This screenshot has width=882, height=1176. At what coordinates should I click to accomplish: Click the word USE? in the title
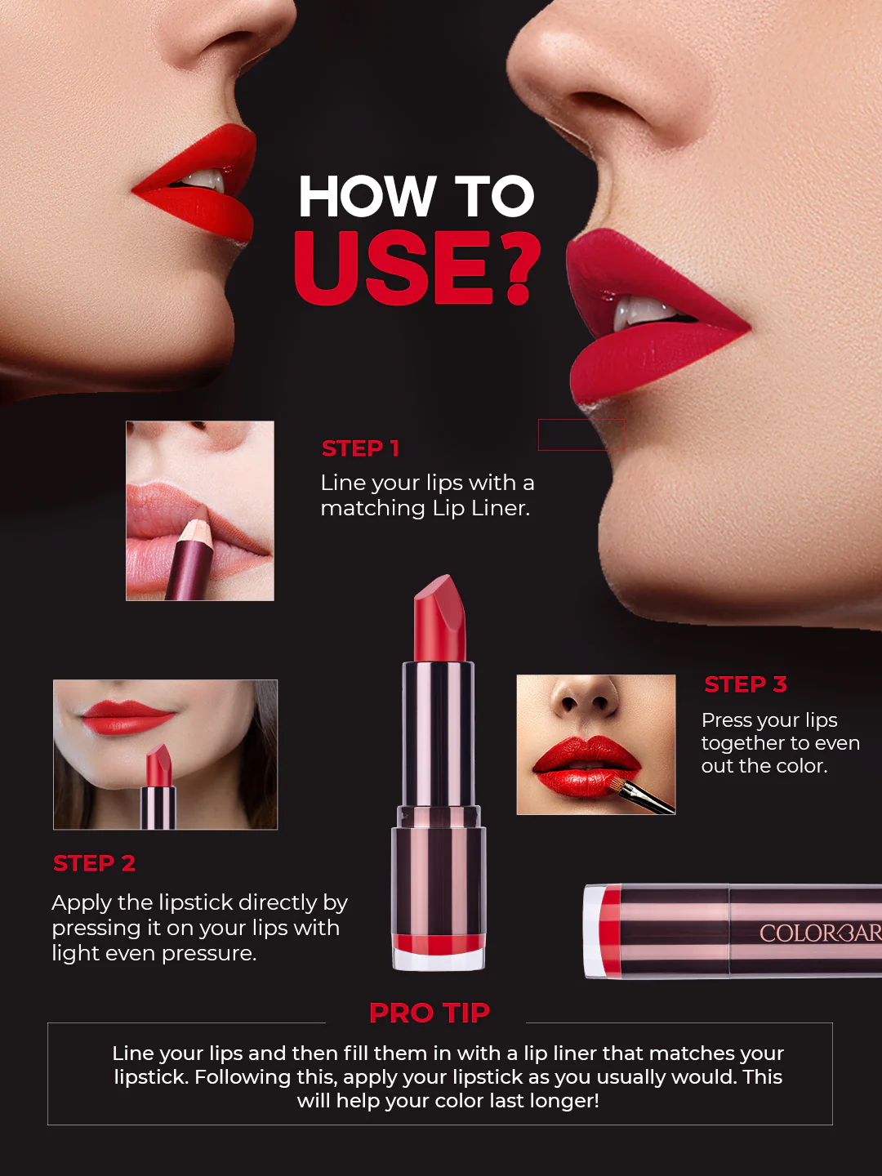click(416, 268)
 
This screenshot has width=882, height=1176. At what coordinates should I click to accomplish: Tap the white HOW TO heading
click(416, 197)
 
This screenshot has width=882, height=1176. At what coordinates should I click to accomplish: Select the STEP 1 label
click(360, 448)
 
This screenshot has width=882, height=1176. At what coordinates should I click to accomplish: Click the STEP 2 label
click(94, 863)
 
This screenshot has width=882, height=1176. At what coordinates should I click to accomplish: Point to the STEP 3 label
click(745, 684)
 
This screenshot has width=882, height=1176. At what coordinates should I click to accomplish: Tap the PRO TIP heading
click(429, 1013)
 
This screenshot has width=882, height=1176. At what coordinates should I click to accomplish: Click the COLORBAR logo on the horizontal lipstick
click(819, 933)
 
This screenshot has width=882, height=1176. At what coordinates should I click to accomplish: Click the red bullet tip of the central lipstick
click(440, 617)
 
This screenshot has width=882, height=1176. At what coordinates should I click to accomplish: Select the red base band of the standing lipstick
click(439, 945)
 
